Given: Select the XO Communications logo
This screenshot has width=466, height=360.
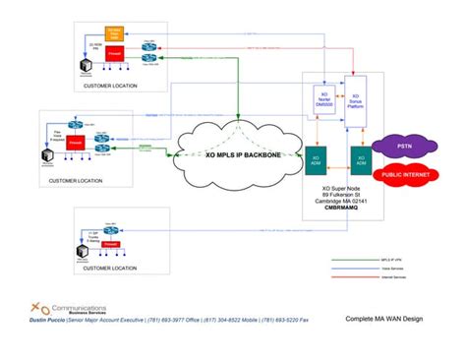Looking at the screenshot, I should [x=61, y=306].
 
